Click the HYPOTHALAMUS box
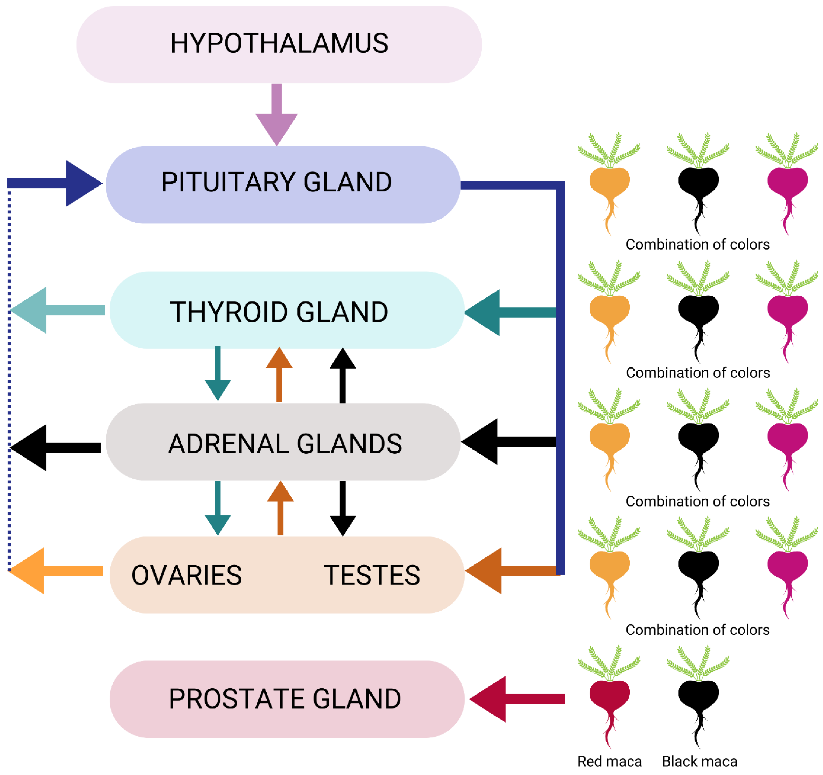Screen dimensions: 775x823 279,44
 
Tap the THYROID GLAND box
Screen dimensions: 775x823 286,310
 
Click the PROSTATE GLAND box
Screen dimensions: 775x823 286,699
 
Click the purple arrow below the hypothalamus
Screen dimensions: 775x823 276,116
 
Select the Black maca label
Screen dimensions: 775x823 699,761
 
